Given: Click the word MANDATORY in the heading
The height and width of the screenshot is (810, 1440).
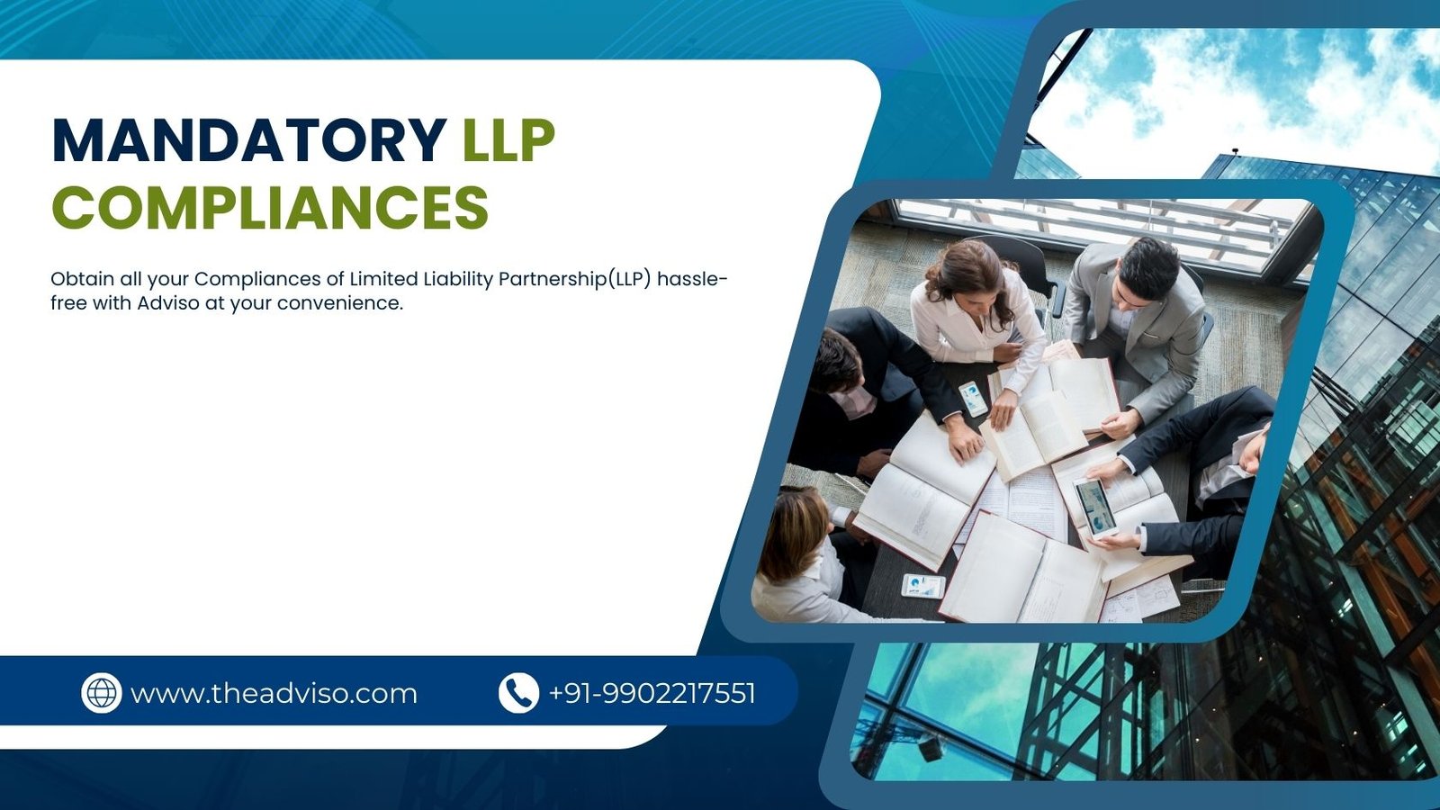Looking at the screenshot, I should coord(249,140).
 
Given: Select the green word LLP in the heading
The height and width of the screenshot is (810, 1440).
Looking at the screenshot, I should coord(508,140).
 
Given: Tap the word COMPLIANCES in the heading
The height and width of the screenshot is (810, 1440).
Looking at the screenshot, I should coord(270,207).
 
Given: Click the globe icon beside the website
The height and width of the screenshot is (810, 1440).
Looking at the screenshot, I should coord(101,693).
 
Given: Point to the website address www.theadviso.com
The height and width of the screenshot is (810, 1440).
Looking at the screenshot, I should coord(274,694).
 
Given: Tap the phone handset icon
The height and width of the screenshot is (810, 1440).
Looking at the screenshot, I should coord(518,693).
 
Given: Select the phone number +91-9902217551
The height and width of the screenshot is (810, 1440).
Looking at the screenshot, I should coord(652,693).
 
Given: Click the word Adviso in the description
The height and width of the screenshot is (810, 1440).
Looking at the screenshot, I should coord(167,303).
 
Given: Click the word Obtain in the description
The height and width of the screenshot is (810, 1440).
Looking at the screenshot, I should coord(82,279).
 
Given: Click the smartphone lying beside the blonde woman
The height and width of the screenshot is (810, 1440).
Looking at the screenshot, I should coord(922,586).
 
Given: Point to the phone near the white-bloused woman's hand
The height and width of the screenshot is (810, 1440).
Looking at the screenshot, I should coord(973,398).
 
